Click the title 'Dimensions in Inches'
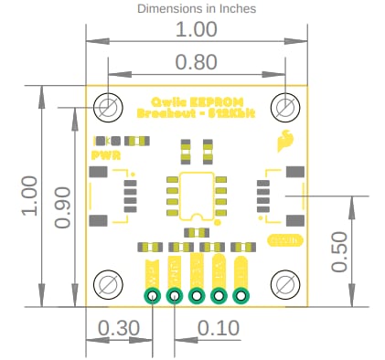pos(197,8)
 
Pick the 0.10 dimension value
pos(218,328)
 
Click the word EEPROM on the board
pos(218,101)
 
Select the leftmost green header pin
pos(153,295)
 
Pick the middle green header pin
pos(197,295)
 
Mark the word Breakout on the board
pos(164,114)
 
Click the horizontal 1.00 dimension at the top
pos(197,29)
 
